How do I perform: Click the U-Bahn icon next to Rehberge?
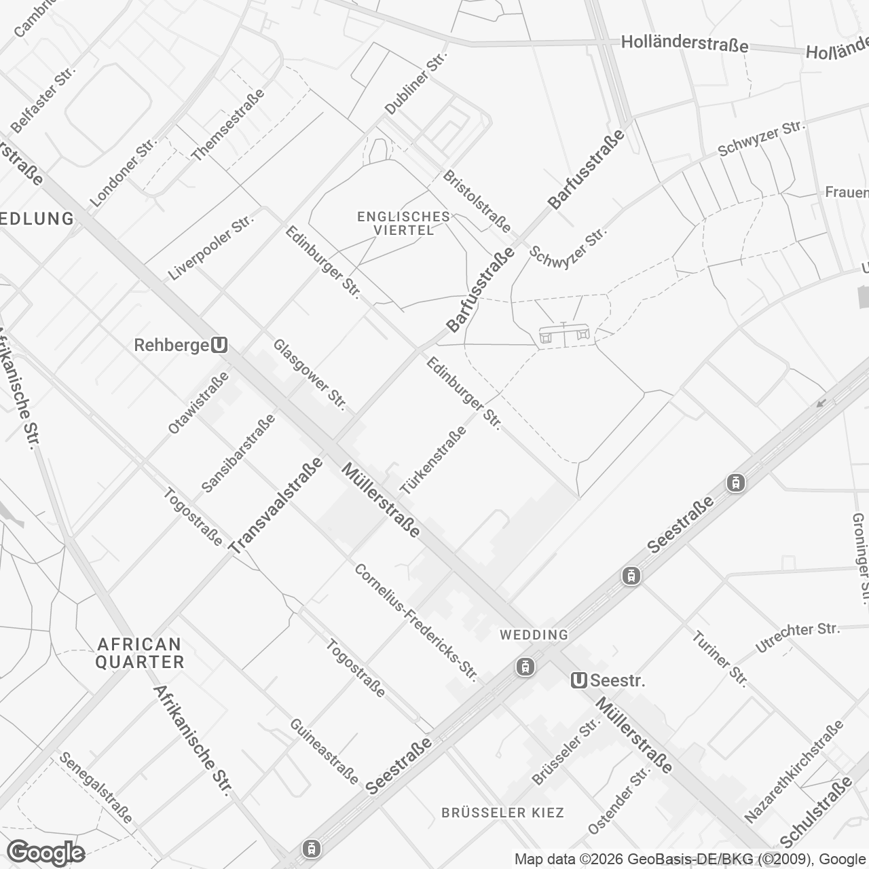coord(219,346)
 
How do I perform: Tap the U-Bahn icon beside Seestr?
coord(579,680)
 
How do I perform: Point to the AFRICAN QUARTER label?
coord(140,652)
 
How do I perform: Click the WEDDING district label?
coord(534,635)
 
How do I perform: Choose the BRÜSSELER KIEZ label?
coord(502,813)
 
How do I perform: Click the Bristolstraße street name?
coord(477,201)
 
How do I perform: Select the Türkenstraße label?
coord(434,460)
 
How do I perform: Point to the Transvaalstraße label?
coord(276,506)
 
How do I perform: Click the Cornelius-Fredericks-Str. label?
coord(416,623)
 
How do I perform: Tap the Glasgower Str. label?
coord(310,375)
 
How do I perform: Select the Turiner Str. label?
coord(720,659)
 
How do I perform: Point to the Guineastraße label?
coord(324,752)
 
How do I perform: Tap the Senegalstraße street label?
coord(96,787)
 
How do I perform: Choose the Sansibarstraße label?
coord(238,453)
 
